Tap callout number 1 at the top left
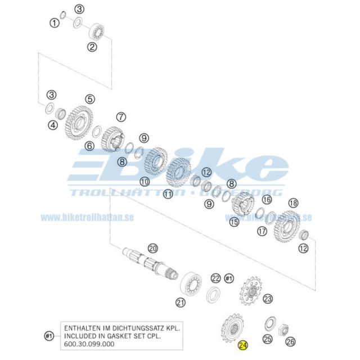54,23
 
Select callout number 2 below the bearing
92,47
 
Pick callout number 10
145,182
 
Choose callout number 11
168,194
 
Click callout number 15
234,222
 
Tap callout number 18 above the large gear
292,202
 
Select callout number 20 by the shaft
152,248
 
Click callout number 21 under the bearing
181,302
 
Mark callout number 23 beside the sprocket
267,299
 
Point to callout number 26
290,340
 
